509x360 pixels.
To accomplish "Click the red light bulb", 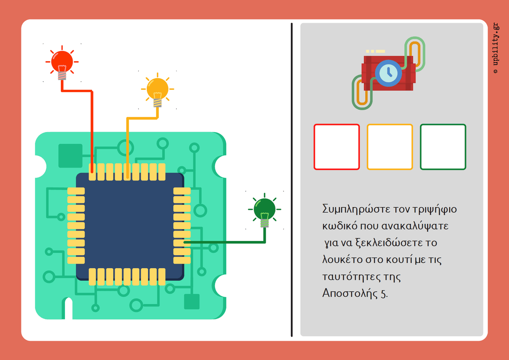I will coord(62,62).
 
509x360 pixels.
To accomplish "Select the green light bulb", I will coord(265,209).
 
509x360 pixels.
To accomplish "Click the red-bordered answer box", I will coord(337,147).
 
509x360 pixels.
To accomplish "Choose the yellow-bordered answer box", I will coord(390,147).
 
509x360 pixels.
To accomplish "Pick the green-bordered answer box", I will coord(443,147).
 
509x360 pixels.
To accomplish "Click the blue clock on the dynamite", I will coord(388,73).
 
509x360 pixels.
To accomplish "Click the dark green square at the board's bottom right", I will coord(192,302).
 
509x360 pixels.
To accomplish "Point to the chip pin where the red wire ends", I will coord(92,171).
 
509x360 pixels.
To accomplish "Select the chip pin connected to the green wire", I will coord(182,242).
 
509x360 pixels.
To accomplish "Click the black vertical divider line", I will coord(291,180).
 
